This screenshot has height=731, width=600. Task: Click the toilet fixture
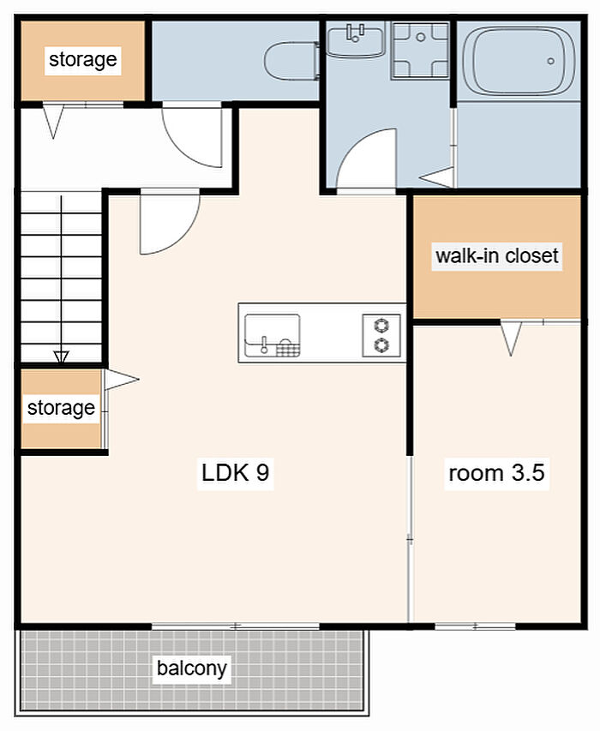(291, 61)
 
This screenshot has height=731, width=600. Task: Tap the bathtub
(519, 61)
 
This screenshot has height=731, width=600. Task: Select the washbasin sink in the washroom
(355, 41)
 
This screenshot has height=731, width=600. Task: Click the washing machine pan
(420, 51)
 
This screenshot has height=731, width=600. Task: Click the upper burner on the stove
(381, 325)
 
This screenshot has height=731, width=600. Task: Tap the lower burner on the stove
(381, 345)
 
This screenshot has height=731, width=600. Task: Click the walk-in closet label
(497, 256)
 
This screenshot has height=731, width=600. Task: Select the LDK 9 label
(236, 473)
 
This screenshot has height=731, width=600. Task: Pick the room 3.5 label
(496, 473)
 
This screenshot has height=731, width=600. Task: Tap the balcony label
(192, 668)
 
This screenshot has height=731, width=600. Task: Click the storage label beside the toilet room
(83, 60)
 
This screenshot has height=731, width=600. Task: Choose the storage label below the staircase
(61, 408)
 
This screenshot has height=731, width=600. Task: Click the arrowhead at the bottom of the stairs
(61, 357)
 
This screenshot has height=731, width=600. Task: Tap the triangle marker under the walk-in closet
(511, 338)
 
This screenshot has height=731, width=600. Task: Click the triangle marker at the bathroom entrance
(437, 177)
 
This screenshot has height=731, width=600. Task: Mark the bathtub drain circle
(550, 61)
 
